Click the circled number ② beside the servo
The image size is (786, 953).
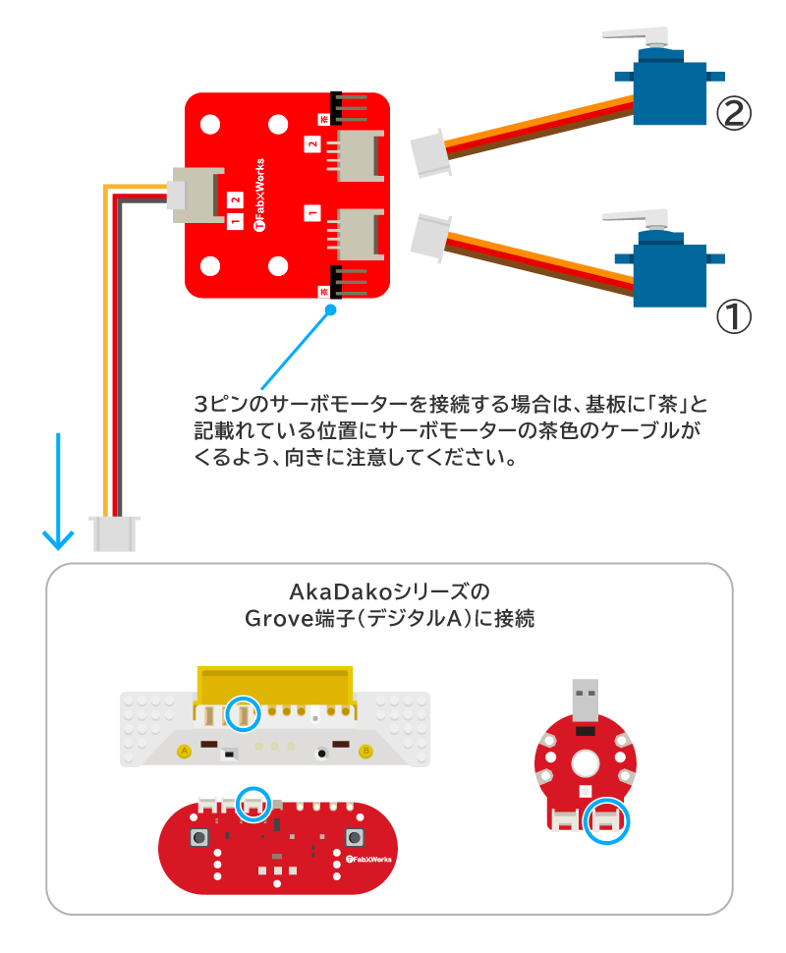pos(733,114)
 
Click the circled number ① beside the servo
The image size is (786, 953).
pos(733,316)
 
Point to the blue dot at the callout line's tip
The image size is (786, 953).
pos(330,310)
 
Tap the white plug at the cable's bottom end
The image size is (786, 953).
pos(115,533)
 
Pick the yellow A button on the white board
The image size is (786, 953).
pos(183,752)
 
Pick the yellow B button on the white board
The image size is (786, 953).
pos(366,752)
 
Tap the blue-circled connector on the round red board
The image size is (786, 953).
pos(605,820)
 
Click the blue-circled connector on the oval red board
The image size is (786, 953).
pos(253,804)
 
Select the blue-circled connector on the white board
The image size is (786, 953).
pos(242,714)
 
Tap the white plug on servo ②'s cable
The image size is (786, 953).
pos(430,154)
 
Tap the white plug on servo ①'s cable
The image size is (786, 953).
pos(429,237)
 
